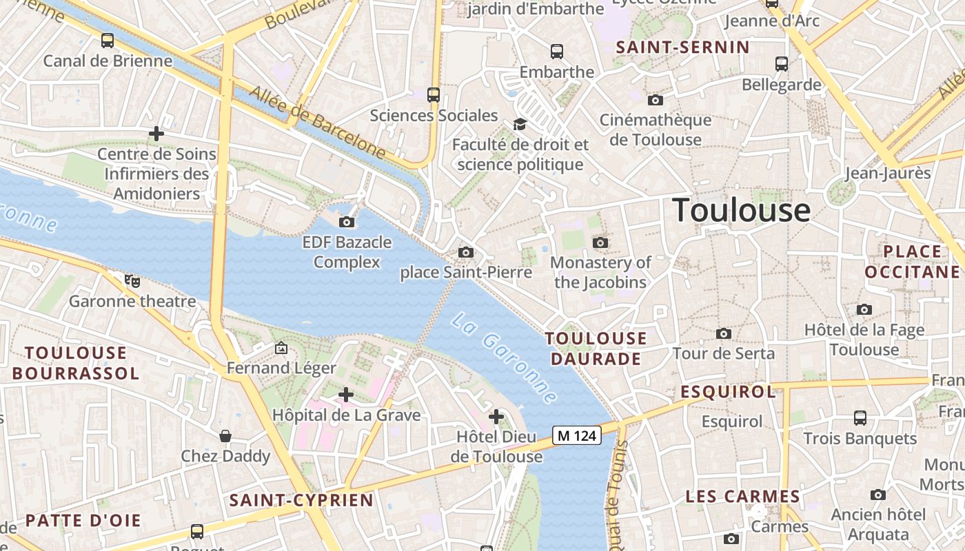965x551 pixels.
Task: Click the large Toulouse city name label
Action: [741, 209]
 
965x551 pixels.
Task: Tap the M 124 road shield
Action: [577, 435]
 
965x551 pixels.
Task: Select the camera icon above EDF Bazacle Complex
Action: [347, 222]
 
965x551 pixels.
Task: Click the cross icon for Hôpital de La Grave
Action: [346, 395]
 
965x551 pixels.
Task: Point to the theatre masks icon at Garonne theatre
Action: [132, 280]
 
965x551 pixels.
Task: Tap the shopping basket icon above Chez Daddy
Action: [225, 436]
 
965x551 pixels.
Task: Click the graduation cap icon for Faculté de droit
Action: [520, 124]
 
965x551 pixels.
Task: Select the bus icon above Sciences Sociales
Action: [434, 94]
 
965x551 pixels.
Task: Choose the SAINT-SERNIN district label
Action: [682, 48]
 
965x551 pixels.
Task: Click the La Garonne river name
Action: [504, 358]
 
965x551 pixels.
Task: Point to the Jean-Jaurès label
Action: [888, 173]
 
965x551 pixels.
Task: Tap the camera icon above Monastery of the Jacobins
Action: [600, 242]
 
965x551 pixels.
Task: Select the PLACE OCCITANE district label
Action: [912, 261]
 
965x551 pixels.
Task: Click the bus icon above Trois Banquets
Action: [860, 417]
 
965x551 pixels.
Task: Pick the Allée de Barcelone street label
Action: [317, 121]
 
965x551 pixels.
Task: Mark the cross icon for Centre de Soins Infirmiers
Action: [156, 133]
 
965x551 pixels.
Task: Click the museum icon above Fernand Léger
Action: [281, 348]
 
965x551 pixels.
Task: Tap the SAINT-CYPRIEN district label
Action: [301, 500]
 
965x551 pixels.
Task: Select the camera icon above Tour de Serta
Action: [724, 334]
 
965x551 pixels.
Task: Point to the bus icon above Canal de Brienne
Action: [108, 41]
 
